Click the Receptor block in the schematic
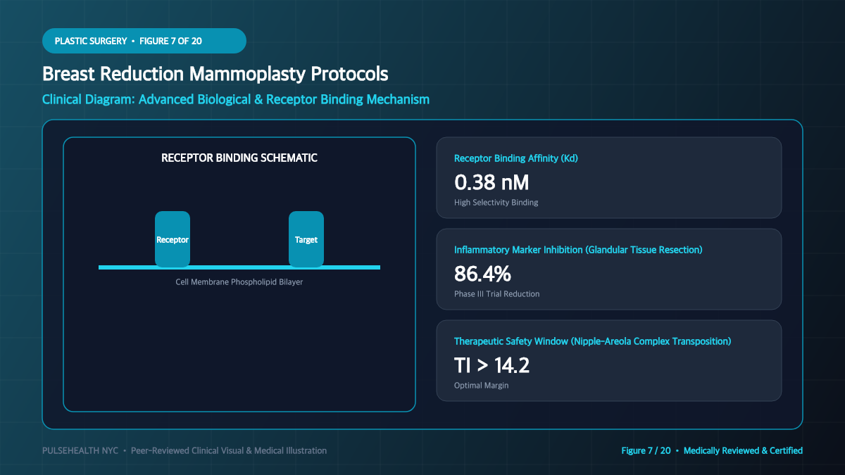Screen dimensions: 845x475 [173, 239]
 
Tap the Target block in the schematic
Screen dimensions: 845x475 [306, 239]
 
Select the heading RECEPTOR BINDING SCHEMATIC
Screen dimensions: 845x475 [239, 158]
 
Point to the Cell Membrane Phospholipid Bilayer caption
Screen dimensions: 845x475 [239, 282]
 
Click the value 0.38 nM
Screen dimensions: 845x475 [492, 182]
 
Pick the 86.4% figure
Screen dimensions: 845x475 [482, 274]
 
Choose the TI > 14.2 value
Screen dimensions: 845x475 [492, 365]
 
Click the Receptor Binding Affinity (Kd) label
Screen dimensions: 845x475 [515, 158]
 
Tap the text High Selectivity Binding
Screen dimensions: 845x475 [496, 203]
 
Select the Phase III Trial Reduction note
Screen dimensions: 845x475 [497, 294]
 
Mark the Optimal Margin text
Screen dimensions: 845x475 [482, 386]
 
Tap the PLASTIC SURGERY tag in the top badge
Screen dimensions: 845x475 [91, 41]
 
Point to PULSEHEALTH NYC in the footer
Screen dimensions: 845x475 [80, 450]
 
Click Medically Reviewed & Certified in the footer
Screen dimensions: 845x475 [743, 450]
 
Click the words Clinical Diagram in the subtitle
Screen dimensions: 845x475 [88, 99]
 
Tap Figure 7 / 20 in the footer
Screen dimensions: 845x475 [646, 450]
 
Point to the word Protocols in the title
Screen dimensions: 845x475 [349, 73]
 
